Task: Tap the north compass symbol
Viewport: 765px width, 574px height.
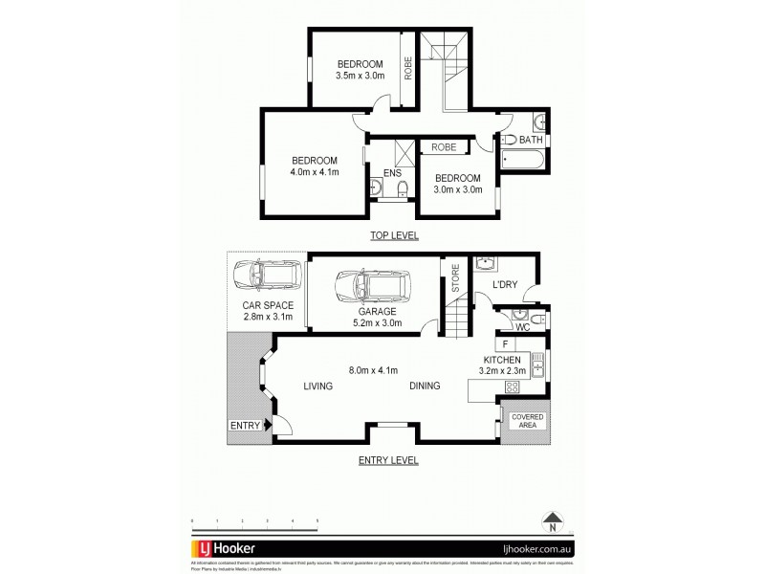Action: (552, 522)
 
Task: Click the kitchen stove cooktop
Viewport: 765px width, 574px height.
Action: (511, 386)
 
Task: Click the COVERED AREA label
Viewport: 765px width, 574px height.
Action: (527, 421)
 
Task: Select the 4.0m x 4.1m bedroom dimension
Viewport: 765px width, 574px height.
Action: (315, 172)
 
